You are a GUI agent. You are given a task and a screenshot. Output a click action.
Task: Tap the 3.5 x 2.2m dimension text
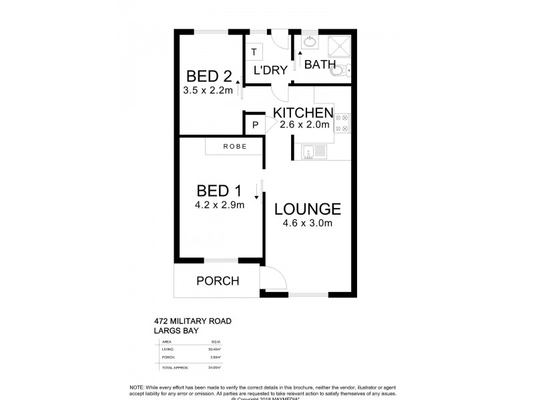208,91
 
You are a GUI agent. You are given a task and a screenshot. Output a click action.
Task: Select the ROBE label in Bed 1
234,146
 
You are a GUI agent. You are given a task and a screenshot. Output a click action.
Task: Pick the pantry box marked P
254,124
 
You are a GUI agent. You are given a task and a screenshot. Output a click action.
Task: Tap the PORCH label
218,281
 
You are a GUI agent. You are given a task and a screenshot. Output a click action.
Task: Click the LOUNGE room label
308,209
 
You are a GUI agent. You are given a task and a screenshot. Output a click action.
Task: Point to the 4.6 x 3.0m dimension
308,224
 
